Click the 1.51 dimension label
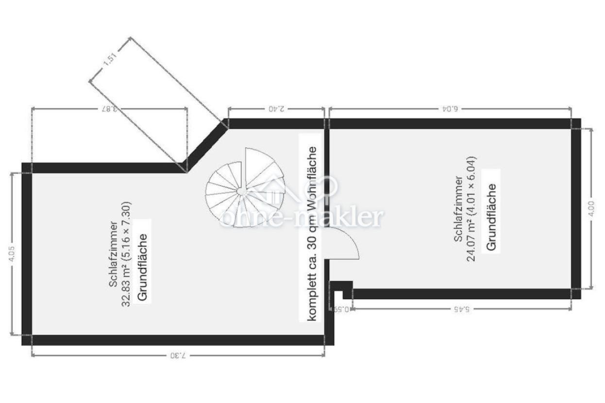(110, 59)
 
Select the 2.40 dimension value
(276, 109)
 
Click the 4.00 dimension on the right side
(591, 208)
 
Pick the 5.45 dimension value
(461, 309)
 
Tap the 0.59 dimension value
(342, 309)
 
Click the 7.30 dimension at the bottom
(178, 355)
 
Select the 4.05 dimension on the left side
(12, 254)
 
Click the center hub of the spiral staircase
(241, 191)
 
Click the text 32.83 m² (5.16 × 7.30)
(126, 254)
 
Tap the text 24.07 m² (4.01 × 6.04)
(471, 209)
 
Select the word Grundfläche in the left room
(142, 267)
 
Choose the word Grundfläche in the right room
(491, 217)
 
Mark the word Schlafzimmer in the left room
(113, 254)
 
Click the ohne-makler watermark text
(302, 218)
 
